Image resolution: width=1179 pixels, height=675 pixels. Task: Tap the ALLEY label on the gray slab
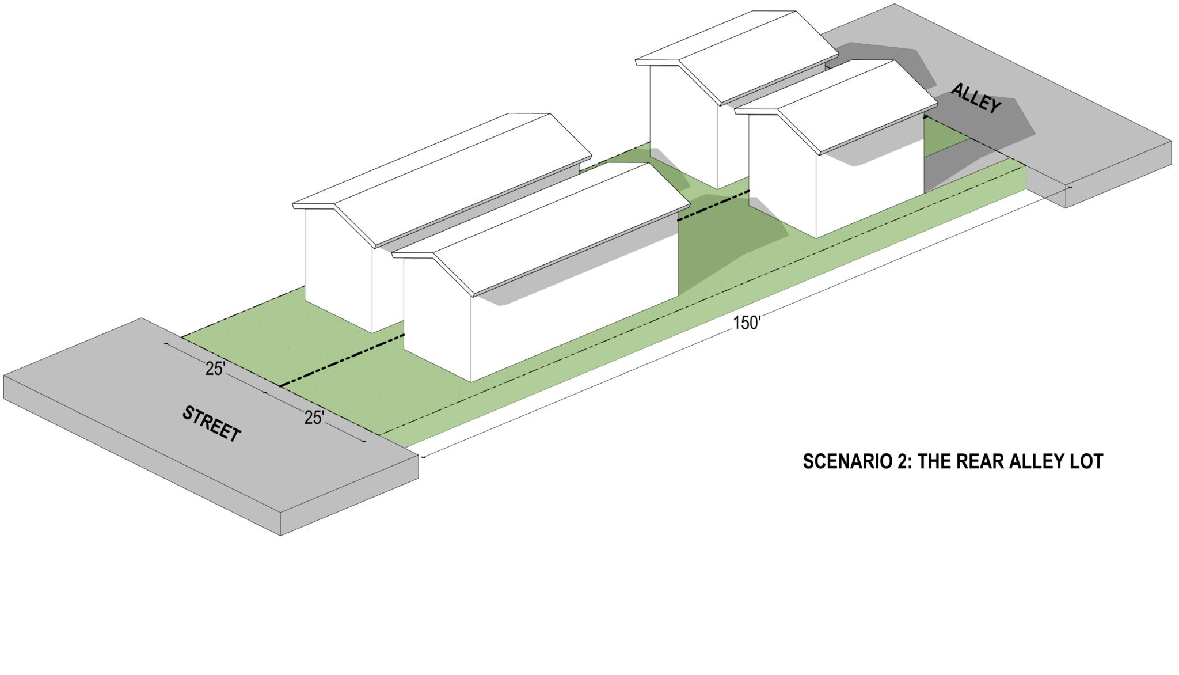click(976, 98)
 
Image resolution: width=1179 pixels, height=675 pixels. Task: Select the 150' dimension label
click(747, 323)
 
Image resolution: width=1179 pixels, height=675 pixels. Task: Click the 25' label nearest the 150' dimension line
click(314, 418)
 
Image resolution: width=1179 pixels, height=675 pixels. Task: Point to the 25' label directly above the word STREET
click(215, 369)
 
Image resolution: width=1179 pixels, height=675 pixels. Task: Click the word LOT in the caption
click(1087, 461)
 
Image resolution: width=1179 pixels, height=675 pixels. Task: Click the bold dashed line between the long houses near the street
click(342, 361)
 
